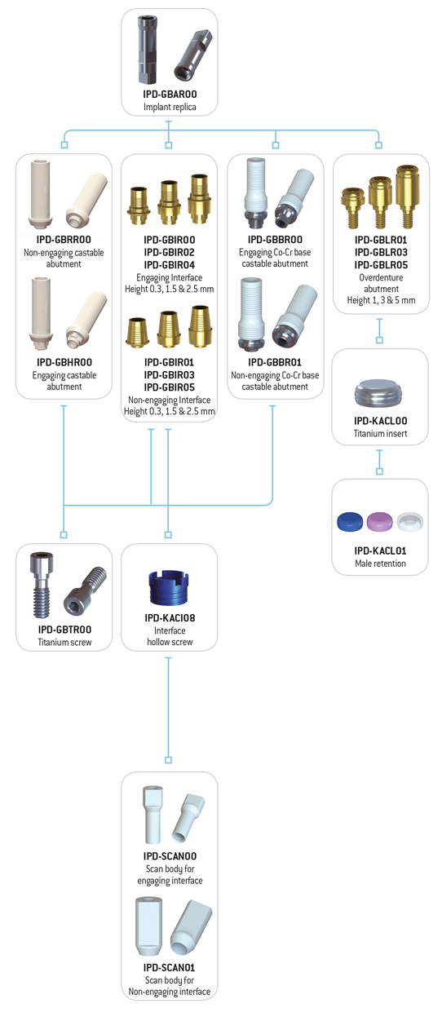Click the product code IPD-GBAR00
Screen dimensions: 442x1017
pyautogui.click(x=170, y=95)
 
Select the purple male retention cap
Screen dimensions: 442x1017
pyautogui.click(x=379, y=522)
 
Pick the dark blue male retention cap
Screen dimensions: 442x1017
pyautogui.click(x=350, y=522)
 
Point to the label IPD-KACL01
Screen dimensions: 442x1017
pyautogui.click(x=380, y=551)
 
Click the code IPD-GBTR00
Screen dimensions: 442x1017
pyautogui.click(x=64, y=630)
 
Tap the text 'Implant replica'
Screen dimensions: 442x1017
pyautogui.click(x=170, y=107)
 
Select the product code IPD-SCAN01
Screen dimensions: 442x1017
pyautogui.click(x=170, y=967)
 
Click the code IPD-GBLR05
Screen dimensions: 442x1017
pyautogui.click(x=381, y=265)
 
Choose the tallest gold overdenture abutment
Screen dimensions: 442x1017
pyautogui.click(x=407, y=196)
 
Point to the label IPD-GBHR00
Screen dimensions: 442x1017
pyautogui.click(x=64, y=362)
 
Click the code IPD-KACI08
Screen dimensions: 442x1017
pyautogui.click(x=170, y=618)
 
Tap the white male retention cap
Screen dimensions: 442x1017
pyautogui.click(x=409, y=522)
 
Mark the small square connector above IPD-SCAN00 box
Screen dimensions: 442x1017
pyautogui.click(x=168, y=760)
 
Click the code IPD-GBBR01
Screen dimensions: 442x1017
pyautogui.click(x=275, y=362)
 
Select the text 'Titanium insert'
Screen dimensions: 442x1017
pyautogui.click(x=380, y=434)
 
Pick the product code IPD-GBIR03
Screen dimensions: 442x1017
pyautogui.click(x=170, y=374)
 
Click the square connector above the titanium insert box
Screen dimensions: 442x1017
pyautogui.click(x=380, y=340)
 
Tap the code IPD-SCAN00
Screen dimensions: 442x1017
pyautogui.click(x=170, y=856)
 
